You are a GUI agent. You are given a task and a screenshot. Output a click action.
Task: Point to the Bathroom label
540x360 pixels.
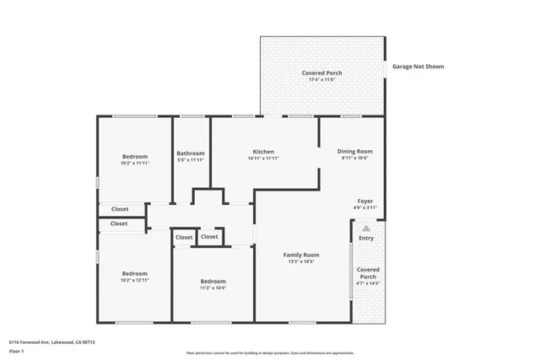(x=191, y=153)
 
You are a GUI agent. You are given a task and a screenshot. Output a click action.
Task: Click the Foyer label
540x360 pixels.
(x=364, y=201)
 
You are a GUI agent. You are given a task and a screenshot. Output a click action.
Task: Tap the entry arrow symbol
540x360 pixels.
(x=365, y=228)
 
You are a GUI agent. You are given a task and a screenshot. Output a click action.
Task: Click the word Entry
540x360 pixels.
(x=365, y=239)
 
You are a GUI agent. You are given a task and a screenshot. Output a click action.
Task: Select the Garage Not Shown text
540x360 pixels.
(x=418, y=67)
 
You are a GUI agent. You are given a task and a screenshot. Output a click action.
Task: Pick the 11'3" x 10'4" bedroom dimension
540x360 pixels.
(x=213, y=288)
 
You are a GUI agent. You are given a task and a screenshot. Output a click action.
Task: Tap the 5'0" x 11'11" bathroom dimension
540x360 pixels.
(x=191, y=160)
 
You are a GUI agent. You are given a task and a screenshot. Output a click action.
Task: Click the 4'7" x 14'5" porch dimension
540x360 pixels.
(x=368, y=284)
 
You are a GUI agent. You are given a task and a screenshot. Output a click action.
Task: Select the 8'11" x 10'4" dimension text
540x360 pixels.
(x=355, y=159)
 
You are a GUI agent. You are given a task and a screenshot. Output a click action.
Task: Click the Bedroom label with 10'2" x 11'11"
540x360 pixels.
(x=135, y=157)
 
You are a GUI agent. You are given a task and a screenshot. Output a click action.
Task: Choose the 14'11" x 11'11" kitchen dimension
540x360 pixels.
(x=263, y=159)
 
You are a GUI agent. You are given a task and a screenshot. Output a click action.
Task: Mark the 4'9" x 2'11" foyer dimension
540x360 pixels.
(x=364, y=207)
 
